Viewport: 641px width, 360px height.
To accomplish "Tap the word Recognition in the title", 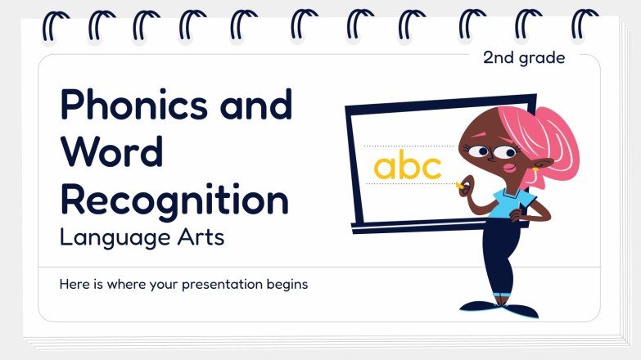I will [174, 201].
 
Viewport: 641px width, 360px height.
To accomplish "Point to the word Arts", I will [201, 240].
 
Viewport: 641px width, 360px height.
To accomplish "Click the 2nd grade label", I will [524, 57].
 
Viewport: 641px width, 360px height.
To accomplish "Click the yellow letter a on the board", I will [386, 168].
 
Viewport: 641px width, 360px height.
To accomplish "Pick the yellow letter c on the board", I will [431, 169].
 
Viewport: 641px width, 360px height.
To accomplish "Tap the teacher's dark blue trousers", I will [496, 262].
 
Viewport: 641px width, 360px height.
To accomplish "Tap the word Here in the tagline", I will [74, 285].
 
